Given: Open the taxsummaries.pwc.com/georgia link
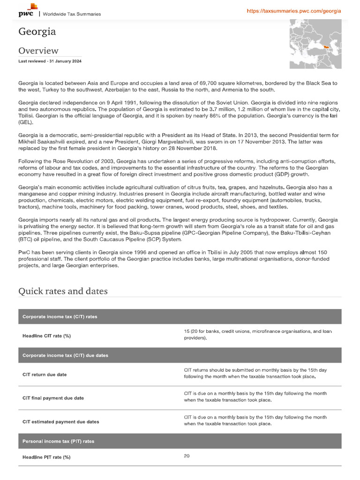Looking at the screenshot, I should (x=294, y=11).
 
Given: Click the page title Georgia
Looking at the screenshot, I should (x=37, y=32).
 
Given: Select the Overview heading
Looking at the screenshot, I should (x=38, y=51).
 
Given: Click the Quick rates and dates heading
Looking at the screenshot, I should (x=63, y=291).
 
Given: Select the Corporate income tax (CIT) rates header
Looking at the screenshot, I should (x=60, y=317).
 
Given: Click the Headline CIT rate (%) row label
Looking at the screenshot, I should (x=50, y=336).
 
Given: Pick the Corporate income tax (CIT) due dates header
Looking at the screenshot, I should (x=65, y=355).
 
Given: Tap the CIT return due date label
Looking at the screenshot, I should (x=45, y=375).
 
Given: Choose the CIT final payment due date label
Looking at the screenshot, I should (x=53, y=398).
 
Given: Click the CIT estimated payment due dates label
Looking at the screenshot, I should (x=61, y=421).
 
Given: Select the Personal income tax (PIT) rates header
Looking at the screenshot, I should (x=58, y=441).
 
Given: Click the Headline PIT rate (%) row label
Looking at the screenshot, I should (x=50, y=457).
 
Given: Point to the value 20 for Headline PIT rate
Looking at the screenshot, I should (x=187, y=456).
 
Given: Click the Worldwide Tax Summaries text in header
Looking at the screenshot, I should (x=72, y=14).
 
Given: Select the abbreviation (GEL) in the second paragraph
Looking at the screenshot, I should (x=26, y=122).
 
